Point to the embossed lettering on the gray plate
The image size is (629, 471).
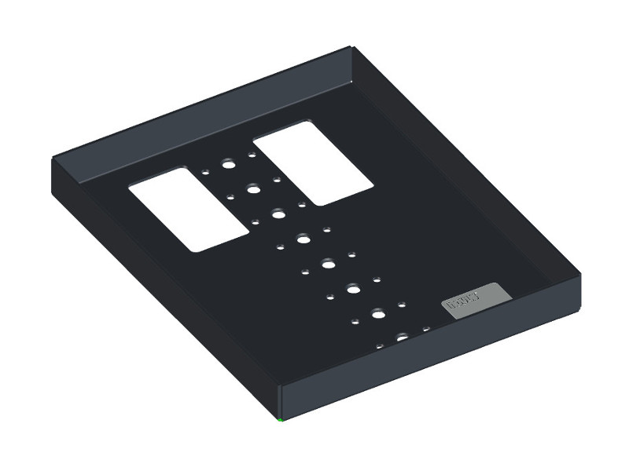[x=463, y=300]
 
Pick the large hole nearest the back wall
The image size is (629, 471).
[x=228, y=166]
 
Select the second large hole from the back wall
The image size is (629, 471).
[x=253, y=188]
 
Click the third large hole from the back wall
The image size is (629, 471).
[x=278, y=213]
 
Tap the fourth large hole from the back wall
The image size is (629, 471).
[x=303, y=238]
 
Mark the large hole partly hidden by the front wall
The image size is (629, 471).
[x=403, y=338]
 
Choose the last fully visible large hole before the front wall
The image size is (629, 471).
[x=378, y=314]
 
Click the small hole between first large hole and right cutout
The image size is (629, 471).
[x=252, y=155]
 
